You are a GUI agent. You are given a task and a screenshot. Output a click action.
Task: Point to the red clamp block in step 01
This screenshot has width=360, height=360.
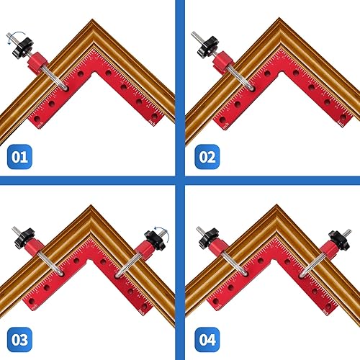pos(37,64)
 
